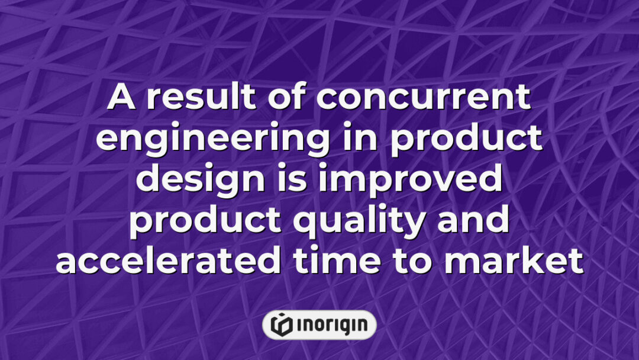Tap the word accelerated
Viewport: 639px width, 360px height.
point(167,261)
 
